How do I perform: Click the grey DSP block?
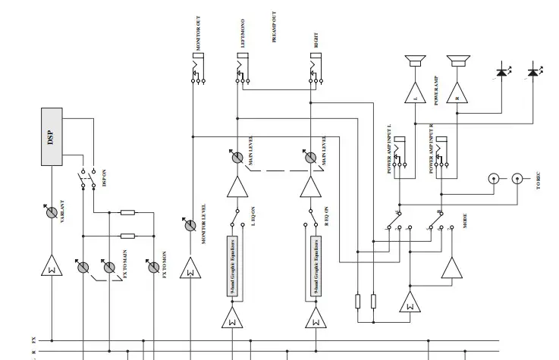click(x=52, y=137)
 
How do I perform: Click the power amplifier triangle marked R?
click(x=457, y=93)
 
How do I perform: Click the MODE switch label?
click(x=463, y=222)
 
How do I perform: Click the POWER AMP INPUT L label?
click(x=390, y=149)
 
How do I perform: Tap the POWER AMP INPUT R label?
click(x=432, y=149)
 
